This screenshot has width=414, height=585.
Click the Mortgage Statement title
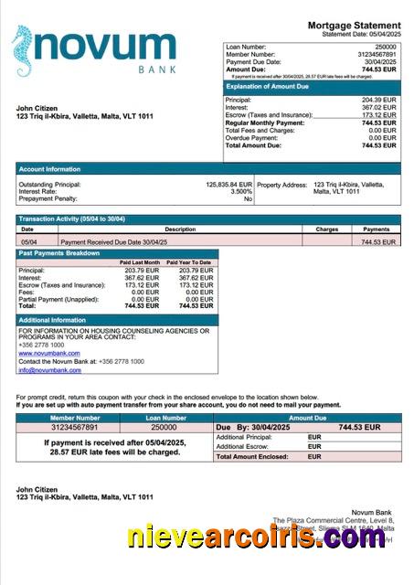[x=354, y=25]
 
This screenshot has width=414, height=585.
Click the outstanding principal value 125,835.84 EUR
[x=228, y=184]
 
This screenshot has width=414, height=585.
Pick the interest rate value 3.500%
[x=240, y=191]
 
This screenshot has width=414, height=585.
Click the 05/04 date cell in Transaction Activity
[x=27, y=242]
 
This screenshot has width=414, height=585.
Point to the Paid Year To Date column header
[x=190, y=262]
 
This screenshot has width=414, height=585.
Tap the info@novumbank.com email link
[x=49, y=369]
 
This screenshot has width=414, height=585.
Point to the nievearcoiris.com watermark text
[x=243, y=537]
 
